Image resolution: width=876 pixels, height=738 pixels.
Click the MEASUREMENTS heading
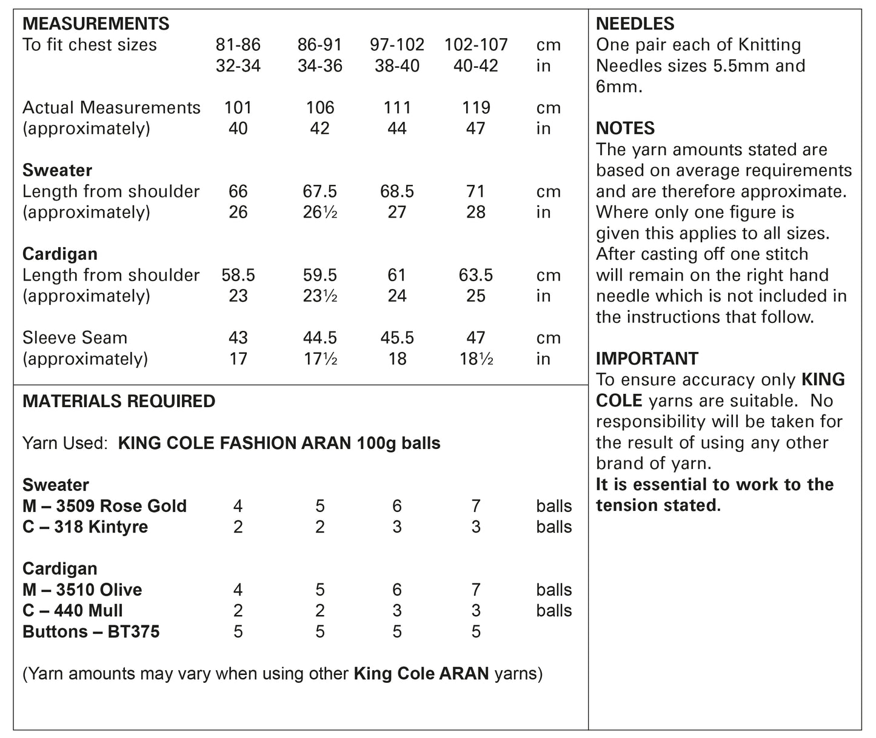96,24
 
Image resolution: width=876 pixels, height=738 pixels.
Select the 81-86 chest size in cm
238,45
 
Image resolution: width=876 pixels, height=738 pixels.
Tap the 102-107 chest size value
476,45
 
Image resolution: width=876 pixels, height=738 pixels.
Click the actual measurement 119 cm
476,108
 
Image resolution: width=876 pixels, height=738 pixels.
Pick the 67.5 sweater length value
319,191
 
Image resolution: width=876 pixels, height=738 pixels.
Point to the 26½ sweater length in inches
319,213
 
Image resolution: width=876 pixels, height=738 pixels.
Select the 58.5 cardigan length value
238,275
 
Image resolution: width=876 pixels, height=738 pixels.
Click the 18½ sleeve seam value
476,359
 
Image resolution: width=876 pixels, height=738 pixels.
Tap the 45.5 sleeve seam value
396,338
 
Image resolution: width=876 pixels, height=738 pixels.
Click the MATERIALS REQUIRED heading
119,401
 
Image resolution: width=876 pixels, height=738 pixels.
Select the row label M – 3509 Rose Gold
104,506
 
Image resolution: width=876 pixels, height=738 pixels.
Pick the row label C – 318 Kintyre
85,527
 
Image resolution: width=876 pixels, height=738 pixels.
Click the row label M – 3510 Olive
82,590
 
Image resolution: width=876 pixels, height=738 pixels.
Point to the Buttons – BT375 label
91,632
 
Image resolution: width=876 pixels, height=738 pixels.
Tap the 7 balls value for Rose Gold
476,506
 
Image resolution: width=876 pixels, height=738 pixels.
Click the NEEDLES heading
635,24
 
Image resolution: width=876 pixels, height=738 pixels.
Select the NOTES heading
625,128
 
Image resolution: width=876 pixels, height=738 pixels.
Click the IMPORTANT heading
647,359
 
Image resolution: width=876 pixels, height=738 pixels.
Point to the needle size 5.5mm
739,66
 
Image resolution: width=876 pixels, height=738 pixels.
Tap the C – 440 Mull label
73,611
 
